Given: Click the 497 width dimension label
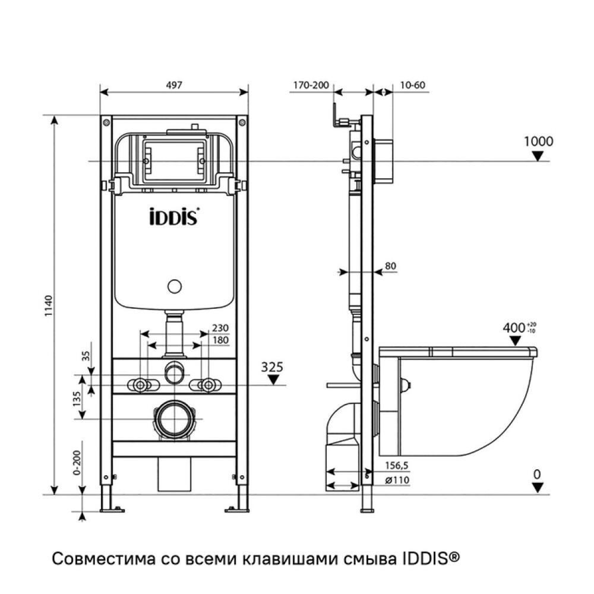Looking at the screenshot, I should pyautogui.click(x=173, y=85).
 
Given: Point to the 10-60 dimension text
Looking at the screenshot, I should pyautogui.click(x=412, y=85).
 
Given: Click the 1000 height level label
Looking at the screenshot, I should pyautogui.click(x=538, y=141).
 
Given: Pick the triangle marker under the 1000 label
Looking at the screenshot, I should pyautogui.click(x=538, y=156).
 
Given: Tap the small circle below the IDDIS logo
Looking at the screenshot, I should pyautogui.click(x=174, y=287).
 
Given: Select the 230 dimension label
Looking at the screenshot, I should pyautogui.click(x=220, y=328).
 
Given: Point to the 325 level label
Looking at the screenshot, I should pyautogui.click(x=273, y=367).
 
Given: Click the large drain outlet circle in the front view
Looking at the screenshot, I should pyautogui.click(x=174, y=419).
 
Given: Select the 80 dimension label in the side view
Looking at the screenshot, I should pyautogui.click(x=390, y=266).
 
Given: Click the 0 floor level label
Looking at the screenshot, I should pyautogui.click(x=537, y=474).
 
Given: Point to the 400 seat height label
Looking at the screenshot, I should pyautogui.click(x=514, y=327).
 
